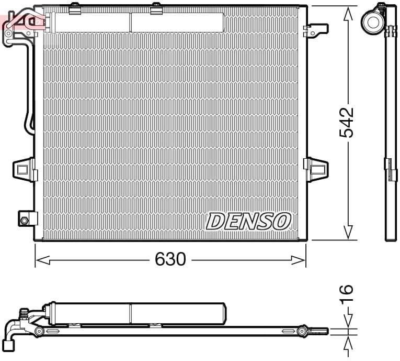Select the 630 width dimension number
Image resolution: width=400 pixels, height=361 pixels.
tap(170, 259)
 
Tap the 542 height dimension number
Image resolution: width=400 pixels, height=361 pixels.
tap(347, 122)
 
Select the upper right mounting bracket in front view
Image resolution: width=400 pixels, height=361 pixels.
tap(317, 29)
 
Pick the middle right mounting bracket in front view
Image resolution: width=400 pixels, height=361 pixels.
tap(317, 169)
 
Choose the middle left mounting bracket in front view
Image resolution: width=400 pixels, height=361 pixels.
tap(24, 169)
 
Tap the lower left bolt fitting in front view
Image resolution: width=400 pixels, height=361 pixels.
tap(25, 220)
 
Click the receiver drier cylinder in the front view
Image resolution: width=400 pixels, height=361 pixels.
tap(136, 23)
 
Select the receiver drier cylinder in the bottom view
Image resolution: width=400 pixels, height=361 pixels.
tap(136, 313)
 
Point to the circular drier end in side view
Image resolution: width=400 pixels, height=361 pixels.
tap(373, 21)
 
